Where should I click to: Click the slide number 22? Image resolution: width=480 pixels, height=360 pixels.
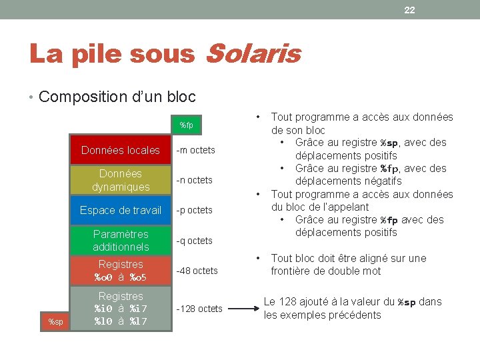pyautogui.click(x=409, y=9)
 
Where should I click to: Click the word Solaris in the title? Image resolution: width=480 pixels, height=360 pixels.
pyautogui.click(x=253, y=55)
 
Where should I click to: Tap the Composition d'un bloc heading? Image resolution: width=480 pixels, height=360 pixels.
pyautogui.click(x=117, y=97)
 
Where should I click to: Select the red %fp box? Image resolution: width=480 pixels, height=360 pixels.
pyautogui.click(x=186, y=125)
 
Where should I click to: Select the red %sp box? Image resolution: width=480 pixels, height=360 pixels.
pyautogui.click(x=56, y=322)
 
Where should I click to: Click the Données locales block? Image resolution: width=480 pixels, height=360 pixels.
pyautogui.click(x=121, y=150)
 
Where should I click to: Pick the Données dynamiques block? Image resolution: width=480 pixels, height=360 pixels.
pyautogui.click(x=121, y=180)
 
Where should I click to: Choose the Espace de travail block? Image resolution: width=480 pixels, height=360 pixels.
pyautogui.click(x=121, y=210)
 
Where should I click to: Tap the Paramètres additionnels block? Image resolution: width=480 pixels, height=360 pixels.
pyautogui.click(x=121, y=240)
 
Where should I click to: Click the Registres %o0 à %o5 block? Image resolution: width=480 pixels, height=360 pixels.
pyautogui.click(x=121, y=270)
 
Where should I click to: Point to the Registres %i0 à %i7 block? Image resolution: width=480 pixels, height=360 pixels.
pyautogui.click(x=121, y=308)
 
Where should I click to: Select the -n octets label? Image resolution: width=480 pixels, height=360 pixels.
pyautogui.click(x=193, y=180)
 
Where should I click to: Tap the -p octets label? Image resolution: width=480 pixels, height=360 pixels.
pyautogui.click(x=193, y=210)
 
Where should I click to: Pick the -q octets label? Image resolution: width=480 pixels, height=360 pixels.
pyautogui.click(x=193, y=241)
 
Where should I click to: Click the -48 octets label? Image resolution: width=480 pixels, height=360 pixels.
pyautogui.click(x=196, y=271)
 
